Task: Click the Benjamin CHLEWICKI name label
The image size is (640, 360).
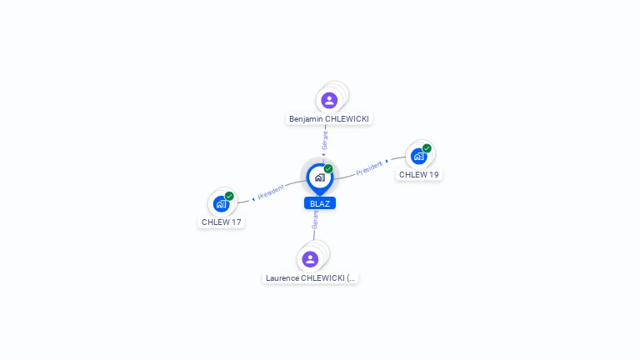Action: tap(329, 119)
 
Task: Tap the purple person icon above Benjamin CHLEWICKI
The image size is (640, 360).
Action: tap(329, 100)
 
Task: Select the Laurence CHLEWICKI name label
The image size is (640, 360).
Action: tap(310, 278)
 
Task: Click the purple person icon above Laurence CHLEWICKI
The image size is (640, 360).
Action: tap(310, 259)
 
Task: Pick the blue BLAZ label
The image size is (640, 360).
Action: tap(320, 203)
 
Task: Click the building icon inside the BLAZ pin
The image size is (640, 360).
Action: tap(320, 177)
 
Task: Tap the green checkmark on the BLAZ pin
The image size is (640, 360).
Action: tap(328, 168)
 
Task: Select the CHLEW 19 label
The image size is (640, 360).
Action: tap(419, 175)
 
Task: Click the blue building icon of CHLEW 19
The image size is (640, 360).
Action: tap(418, 157)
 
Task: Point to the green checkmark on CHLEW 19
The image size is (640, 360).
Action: tap(427, 148)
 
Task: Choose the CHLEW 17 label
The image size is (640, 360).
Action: tap(221, 222)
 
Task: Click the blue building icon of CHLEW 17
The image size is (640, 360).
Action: tap(221, 203)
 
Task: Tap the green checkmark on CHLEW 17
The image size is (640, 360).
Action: tap(229, 196)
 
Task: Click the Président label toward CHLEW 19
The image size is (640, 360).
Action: tap(369, 168)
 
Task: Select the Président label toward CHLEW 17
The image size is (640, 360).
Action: tap(271, 192)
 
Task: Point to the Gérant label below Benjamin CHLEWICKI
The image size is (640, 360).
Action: tap(325, 140)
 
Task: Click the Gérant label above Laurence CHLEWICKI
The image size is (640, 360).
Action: tap(315, 220)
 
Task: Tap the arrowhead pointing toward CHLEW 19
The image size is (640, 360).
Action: tap(387, 161)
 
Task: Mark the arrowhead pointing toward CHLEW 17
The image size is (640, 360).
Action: tap(253, 199)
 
